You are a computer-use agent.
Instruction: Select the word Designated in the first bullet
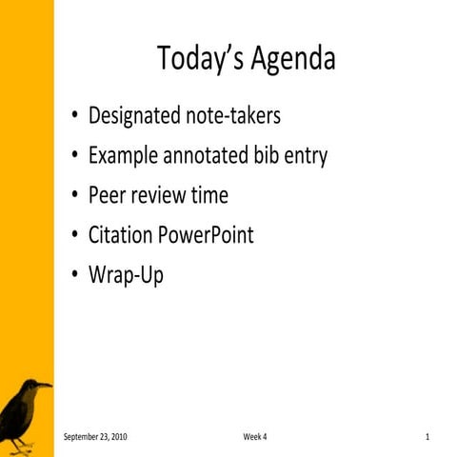(x=133, y=116)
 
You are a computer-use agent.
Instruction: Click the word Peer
(x=107, y=196)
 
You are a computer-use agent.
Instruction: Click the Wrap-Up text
(x=126, y=276)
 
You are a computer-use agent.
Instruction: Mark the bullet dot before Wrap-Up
(x=74, y=276)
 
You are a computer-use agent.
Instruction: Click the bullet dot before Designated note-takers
(x=74, y=117)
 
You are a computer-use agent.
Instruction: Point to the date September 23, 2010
(x=95, y=436)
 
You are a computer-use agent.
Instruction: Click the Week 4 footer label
(x=255, y=436)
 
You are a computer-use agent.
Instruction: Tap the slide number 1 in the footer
(x=428, y=436)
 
